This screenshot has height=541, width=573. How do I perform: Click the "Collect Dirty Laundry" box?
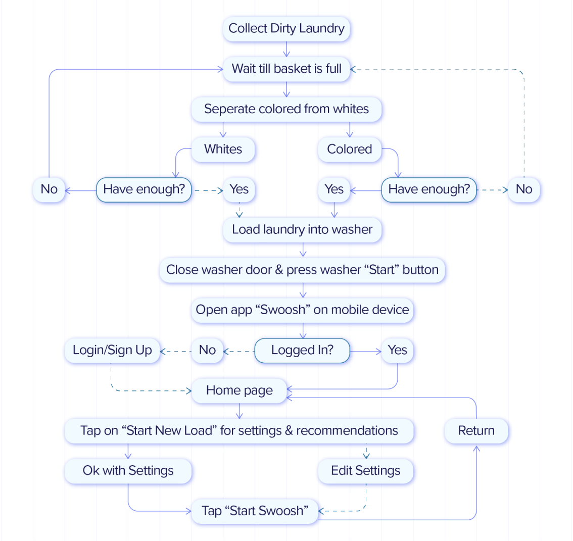tap(287, 29)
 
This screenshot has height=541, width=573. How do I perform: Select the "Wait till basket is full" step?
tap(287, 69)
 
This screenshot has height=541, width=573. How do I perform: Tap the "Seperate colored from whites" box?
tap(287, 109)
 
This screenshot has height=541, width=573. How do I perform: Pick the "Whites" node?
tap(223, 150)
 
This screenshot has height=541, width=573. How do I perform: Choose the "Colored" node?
tap(349, 150)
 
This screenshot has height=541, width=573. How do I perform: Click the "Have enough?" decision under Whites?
tap(144, 189)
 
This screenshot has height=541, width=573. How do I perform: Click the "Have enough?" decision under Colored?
tap(429, 189)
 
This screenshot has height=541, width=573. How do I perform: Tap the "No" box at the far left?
tap(49, 189)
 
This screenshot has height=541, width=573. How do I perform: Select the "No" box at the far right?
tap(524, 189)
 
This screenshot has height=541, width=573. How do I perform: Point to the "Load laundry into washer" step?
tap(302, 230)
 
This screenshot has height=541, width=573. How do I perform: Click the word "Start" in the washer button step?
tap(381, 270)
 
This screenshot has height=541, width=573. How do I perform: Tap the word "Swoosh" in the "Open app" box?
tap(282, 310)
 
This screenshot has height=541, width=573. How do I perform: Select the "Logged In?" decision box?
tap(302, 351)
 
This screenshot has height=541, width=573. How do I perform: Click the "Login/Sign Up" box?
tap(112, 351)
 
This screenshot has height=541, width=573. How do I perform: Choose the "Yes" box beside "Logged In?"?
tap(398, 351)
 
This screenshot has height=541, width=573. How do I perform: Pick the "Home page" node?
tap(240, 390)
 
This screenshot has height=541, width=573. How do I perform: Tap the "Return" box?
tap(476, 431)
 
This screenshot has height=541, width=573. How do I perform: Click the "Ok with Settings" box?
tap(128, 471)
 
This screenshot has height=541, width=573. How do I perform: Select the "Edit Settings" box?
tap(366, 471)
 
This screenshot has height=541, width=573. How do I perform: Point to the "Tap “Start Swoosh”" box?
tap(255, 511)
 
